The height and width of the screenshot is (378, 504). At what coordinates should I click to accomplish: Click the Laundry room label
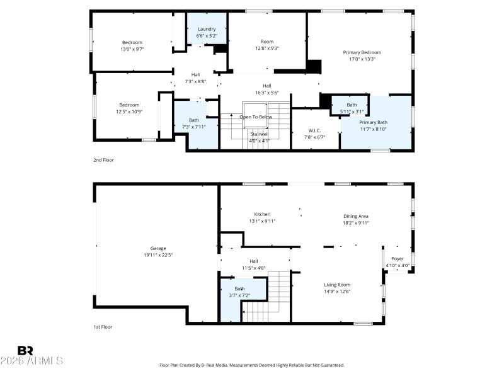click(207, 29)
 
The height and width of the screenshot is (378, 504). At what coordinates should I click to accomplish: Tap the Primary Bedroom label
click(362, 52)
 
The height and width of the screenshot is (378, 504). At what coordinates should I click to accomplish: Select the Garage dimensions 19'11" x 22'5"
click(157, 255)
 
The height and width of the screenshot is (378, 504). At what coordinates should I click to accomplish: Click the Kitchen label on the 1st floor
click(262, 214)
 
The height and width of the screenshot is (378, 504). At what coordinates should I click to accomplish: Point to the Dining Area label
click(356, 215)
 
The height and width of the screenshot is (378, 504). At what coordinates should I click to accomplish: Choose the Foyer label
click(398, 258)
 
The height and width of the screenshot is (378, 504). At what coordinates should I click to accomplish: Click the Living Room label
click(337, 284)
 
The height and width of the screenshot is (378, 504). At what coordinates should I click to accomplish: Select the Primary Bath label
click(373, 122)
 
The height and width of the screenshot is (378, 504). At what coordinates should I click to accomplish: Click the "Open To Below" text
click(256, 117)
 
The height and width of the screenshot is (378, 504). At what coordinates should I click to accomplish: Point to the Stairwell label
click(260, 134)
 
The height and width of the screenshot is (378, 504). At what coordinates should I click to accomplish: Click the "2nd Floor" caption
click(103, 160)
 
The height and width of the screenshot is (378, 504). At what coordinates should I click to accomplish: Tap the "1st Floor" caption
click(103, 327)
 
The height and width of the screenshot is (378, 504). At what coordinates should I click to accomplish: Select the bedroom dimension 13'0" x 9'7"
click(132, 49)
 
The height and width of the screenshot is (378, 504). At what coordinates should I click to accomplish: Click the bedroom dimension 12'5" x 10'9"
click(129, 112)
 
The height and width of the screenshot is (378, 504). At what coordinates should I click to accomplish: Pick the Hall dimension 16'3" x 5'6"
click(267, 93)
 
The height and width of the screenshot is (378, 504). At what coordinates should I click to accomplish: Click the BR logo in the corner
click(25, 350)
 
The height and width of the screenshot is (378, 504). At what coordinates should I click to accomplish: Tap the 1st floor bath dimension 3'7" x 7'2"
click(239, 295)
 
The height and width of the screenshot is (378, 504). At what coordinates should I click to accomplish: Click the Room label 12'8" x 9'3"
click(267, 48)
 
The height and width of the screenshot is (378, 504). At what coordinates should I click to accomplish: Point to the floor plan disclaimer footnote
click(252, 365)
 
